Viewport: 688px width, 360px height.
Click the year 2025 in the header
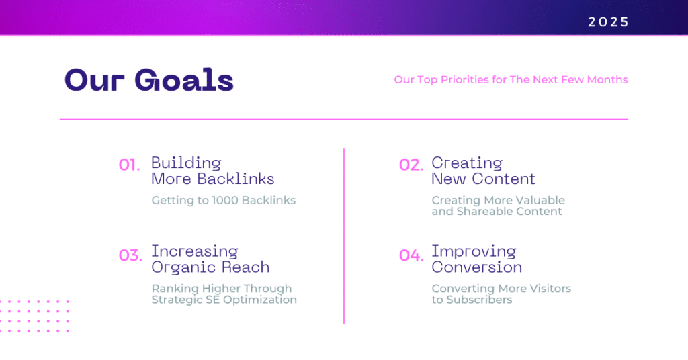pyautogui.click(x=608, y=22)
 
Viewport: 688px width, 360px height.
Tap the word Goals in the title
pyautogui.click(x=184, y=80)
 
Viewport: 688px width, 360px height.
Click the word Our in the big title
pyautogui.click(x=94, y=80)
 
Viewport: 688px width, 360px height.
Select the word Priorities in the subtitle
pyautogui.click(x=465, y=79)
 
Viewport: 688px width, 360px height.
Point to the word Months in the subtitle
pyautogui.click(x=607, y=79)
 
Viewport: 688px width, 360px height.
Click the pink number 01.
pyautogui.click(x=129, y=165)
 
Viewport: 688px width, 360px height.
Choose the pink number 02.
pyautogui.click(x=411, y=165)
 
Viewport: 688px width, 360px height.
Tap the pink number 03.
pyautogui.click(x=130, y=255)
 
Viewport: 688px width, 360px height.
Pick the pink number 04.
pyautogui.click(x=411, y=255)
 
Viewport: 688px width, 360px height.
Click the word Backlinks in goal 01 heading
pyautogui.click(x=236, y=179)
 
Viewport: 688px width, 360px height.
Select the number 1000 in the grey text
pyautogui.click(x=225, y=200)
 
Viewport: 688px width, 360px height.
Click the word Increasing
pyautogui.click(x=195, y=252)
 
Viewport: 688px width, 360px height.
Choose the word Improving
pyautogui.click(x=474, y=252)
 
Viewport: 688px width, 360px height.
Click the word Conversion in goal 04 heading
pyautogui.click(x=477, y=267)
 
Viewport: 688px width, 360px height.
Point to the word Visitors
pyautogui.click(x=550, y=289)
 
